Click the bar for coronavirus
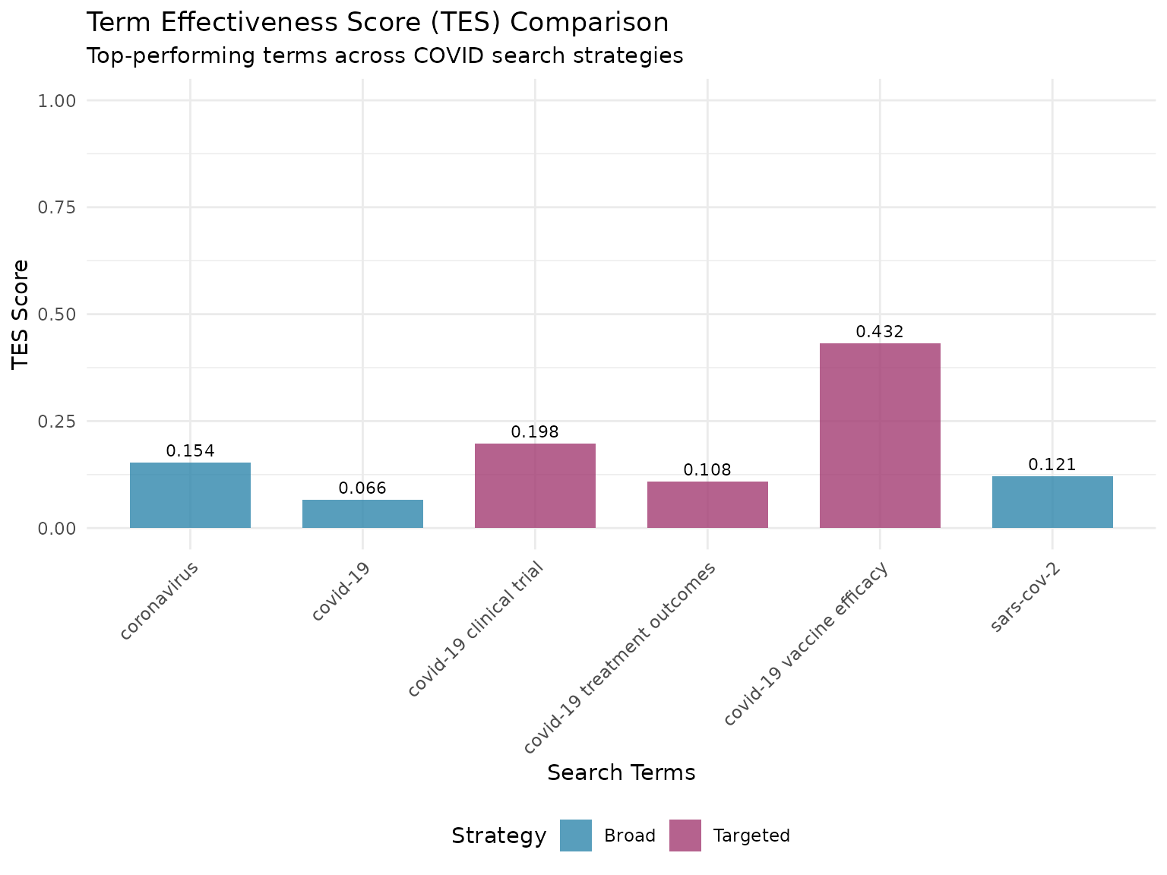[x=190, y=495]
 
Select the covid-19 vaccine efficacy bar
[x=880, y=435]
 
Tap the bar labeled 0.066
[x=362, y=514]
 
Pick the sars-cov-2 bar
[x=1052, y=502]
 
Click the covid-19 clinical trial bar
[x=535, y=486]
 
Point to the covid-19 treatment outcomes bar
[x=707, y=505]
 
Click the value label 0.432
[x=880, y=332]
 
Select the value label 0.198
[x=535, y=432]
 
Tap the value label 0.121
[x=1052, y=465]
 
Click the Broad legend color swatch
[x=576, y=836]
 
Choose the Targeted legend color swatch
[x=685, y=836]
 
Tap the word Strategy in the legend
[x=498, y=836]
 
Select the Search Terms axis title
[x=621, y=772]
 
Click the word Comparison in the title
[x=589, y=23]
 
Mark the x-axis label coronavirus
[x=160, y=601]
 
